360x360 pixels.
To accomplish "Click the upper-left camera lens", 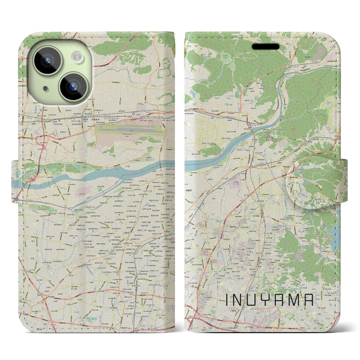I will (x=47, y=60).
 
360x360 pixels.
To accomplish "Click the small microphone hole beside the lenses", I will (x=45, y=88).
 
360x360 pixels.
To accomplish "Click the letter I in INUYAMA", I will (x=227, y=300).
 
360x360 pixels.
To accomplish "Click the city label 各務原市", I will (x=98, y=120).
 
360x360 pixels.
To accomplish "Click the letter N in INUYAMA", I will (x=239, y=300).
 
